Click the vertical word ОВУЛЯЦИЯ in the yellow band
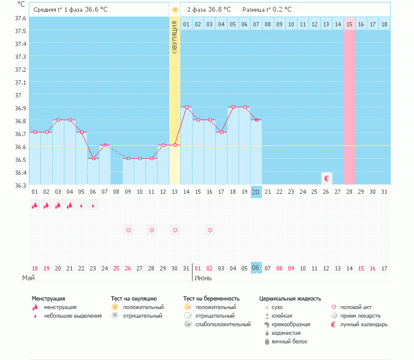coord(175,37)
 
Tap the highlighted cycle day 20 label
coord(256,192)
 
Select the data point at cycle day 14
coord(186,107)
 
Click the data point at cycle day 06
coord(93,158)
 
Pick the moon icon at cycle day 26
coord(327,178)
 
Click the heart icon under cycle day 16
coord(210,230)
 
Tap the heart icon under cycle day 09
coord(128,230)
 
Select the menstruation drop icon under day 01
coord(35,205)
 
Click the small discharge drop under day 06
coord(93,206)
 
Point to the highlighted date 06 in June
coord(256,268)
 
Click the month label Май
coord(28,278)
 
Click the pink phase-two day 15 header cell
coord(350,24)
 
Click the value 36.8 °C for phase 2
coord(219,10)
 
